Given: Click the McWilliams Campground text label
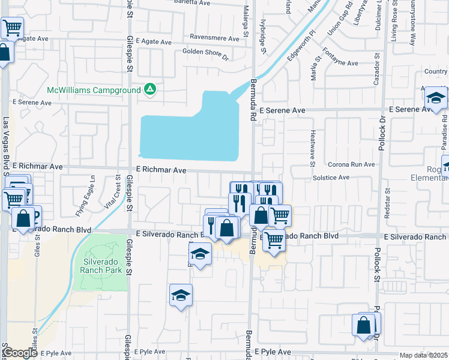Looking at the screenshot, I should point(94,91).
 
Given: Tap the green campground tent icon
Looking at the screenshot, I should point(150,90).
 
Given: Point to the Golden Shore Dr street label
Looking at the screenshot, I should point(206,55).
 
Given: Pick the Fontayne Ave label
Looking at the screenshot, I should point(340,63).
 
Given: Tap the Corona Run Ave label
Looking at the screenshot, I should point(351,164).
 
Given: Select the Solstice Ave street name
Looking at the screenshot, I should point(331,178).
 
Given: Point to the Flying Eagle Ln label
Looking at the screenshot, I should point(85,203).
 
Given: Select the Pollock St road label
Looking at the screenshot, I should point(378,264).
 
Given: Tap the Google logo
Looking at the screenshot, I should point(20,353).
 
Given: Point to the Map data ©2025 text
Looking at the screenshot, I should point(423,355).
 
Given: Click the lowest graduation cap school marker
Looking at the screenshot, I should point(181,295).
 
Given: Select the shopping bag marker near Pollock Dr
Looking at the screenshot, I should point(364,326).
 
